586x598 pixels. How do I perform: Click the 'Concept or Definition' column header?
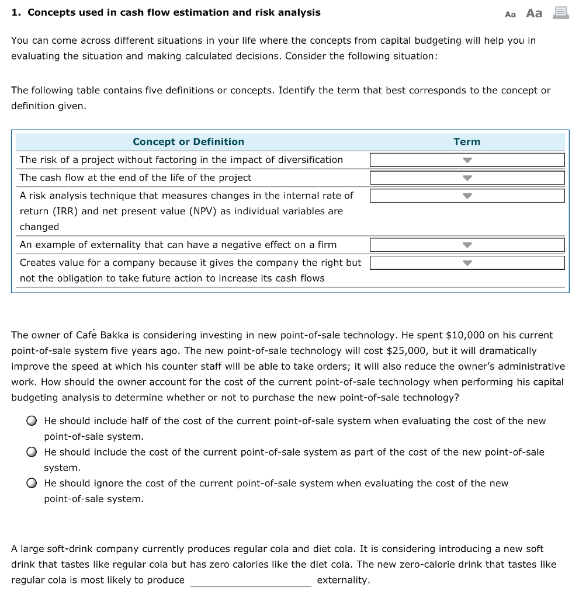click(188, 142)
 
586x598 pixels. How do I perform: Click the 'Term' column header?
click(466, 142)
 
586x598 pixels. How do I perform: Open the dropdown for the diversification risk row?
click(467, 160)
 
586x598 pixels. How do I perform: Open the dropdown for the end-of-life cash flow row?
click(467, 178)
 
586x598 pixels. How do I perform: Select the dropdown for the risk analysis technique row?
click(467, 196)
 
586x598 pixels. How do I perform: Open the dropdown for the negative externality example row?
click(467, 245)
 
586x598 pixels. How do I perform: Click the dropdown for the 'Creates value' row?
click(467, 263)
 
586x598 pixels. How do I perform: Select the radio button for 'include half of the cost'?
click(33, 421)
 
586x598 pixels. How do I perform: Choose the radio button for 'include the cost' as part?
click(33, 453)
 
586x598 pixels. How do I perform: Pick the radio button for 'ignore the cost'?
click(33, 484)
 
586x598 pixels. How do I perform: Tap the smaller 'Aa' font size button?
click(510, 14)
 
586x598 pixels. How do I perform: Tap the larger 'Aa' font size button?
click(534, 13)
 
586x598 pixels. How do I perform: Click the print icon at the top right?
click(561, 12)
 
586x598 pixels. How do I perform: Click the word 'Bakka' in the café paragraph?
click(115, 335)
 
